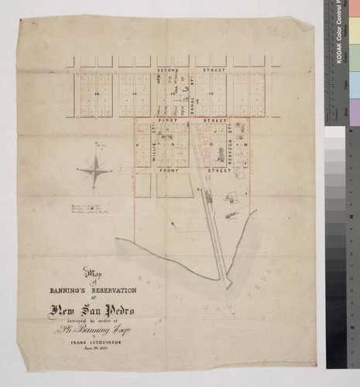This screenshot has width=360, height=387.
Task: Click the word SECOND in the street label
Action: pos(169,69)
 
